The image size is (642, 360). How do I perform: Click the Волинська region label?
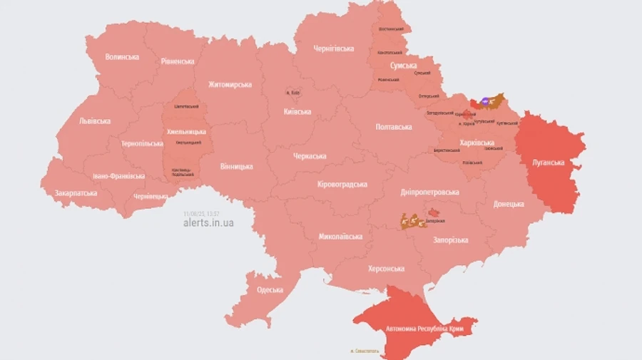122,56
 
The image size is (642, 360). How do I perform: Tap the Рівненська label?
178,61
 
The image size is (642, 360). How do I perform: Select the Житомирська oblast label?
230,85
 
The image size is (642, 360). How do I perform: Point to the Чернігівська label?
334,48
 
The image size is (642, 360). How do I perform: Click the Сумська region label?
404,66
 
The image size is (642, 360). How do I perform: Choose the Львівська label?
95,120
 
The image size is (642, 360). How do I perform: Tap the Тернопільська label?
142,143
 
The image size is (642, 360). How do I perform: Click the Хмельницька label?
186,132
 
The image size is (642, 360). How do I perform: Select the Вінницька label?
236,167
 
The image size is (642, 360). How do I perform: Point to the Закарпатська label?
76,192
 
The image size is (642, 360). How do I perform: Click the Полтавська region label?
394,127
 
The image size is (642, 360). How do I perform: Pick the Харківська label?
477,143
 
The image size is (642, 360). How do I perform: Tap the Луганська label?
548,163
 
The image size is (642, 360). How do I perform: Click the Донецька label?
509,204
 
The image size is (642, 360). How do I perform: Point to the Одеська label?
270,289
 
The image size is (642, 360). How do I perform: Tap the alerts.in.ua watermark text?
208,223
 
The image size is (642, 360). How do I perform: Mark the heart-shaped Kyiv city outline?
292,93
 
